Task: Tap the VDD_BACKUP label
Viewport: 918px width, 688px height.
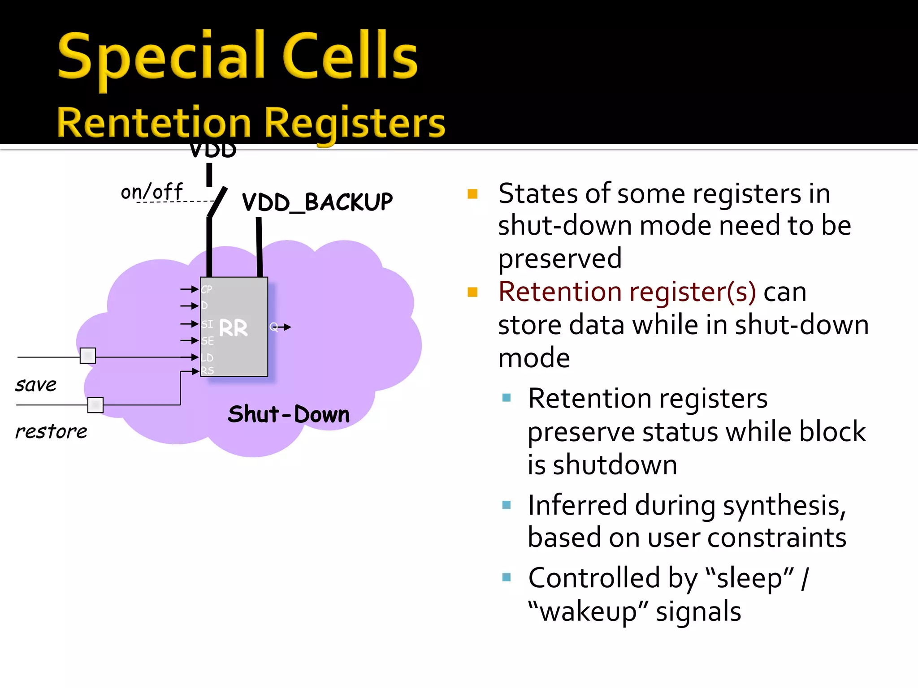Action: click(x=317, y=202)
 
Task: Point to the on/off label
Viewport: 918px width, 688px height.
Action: click(x=152, y=192)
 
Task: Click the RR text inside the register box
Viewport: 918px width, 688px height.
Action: click(x=233, y=328)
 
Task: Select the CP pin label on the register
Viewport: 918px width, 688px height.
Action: click(x=207, y=289)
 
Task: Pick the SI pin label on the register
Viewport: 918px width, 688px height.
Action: click(x=207, y=324)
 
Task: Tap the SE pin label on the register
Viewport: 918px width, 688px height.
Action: click(x=208, y=341)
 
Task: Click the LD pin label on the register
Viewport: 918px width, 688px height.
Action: click(x=207, y=357)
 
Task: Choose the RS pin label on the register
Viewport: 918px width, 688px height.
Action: click(x=208, y=371)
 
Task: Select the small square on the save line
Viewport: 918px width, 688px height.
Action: click(x=88, y=356)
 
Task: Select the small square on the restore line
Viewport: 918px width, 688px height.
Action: click(x=95, y=405)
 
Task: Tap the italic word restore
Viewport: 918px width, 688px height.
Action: click(x=51, y=432)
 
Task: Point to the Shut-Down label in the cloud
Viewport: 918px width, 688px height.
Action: click(x=289, y=414)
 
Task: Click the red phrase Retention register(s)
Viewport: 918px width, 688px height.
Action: click(x=627, y=292)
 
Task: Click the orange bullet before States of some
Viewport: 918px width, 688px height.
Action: click(x=472, y=194)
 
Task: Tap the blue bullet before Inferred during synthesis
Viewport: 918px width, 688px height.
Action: click(x=507, y=505)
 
